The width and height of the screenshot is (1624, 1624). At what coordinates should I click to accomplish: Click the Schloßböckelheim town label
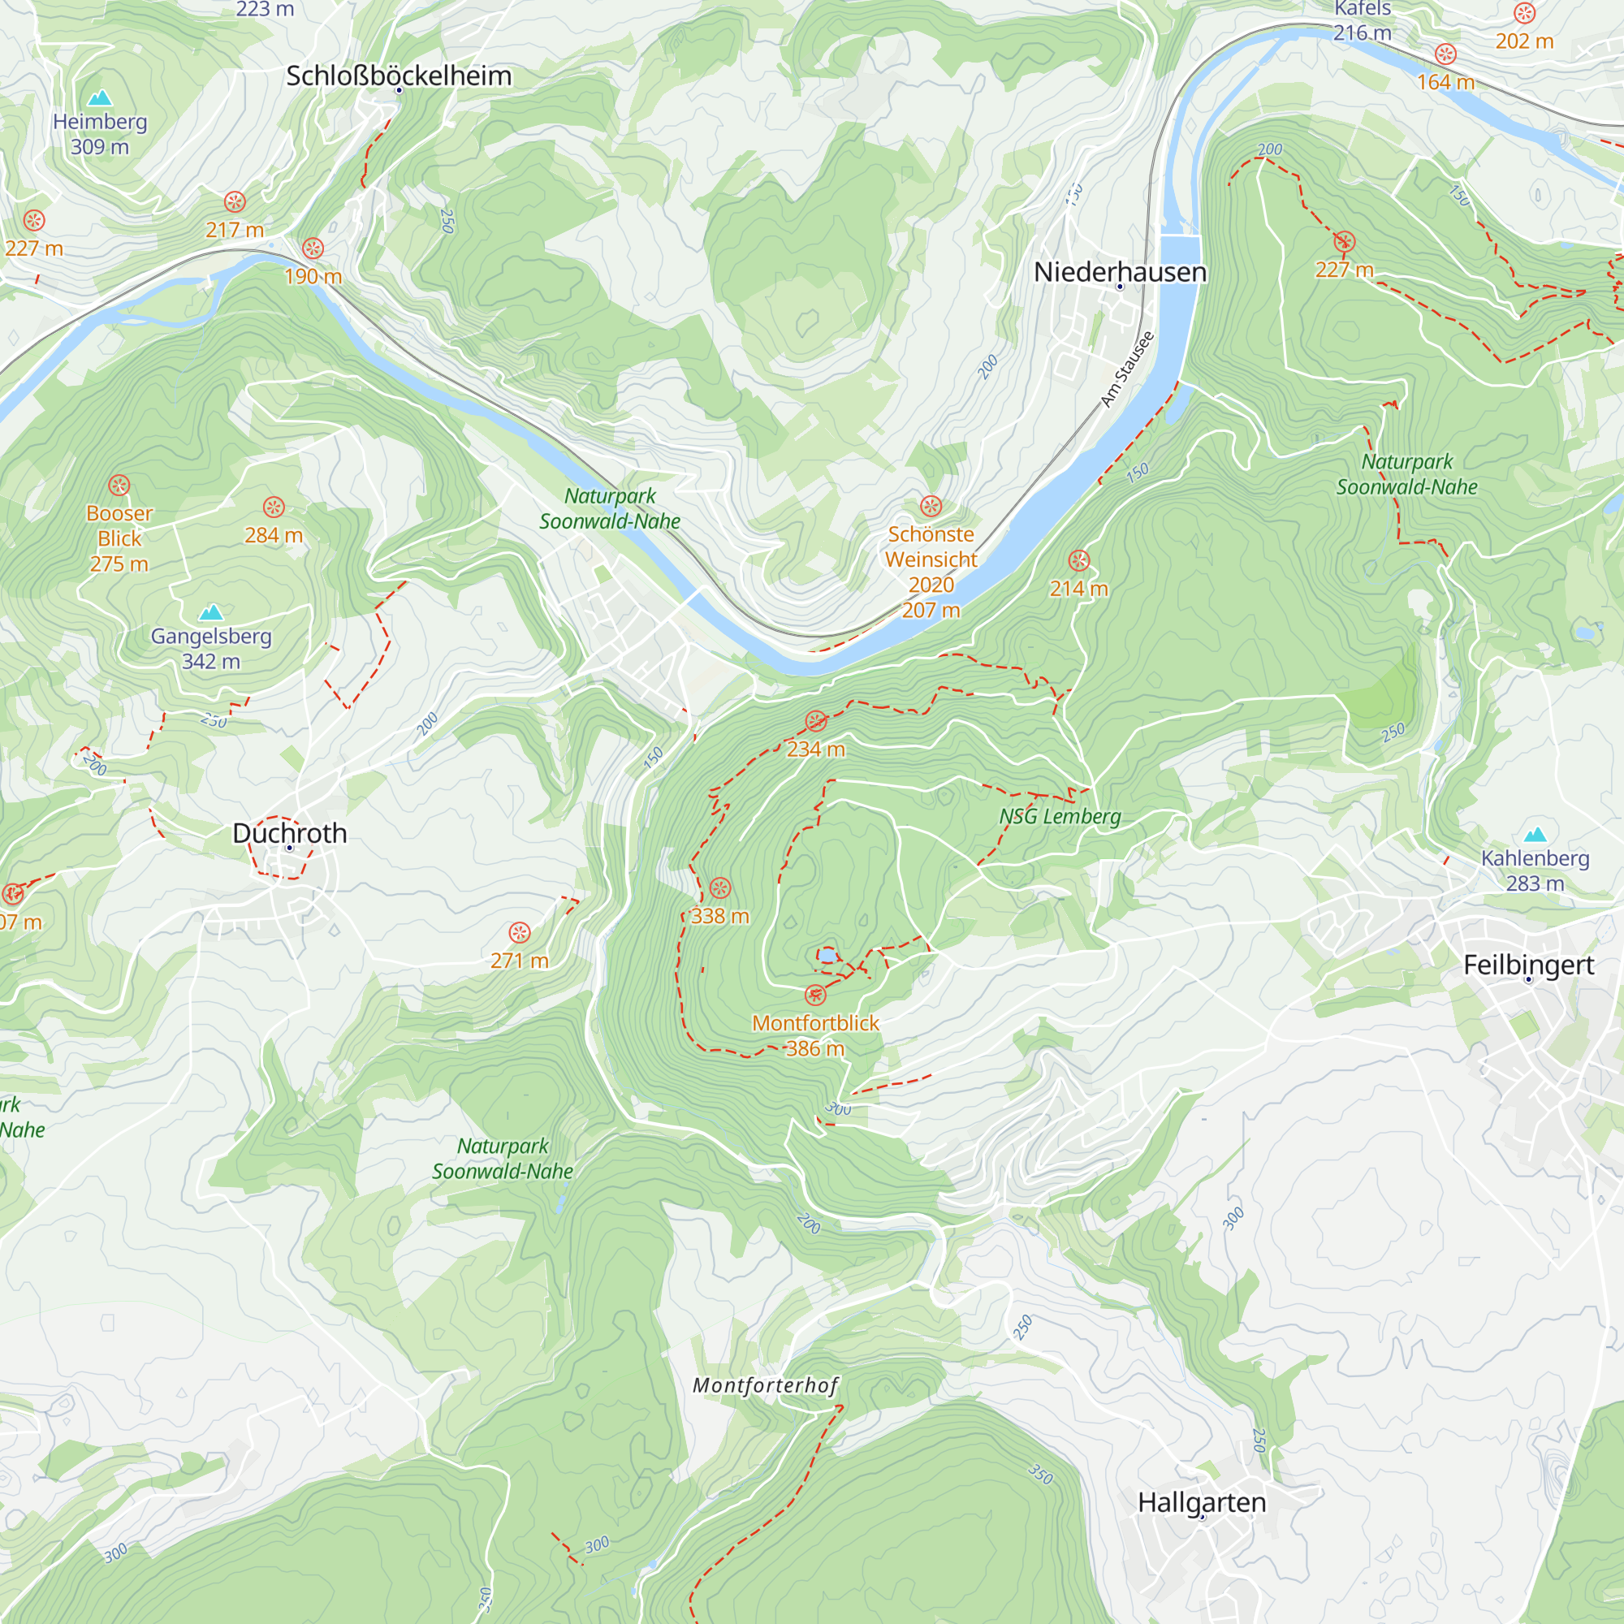[399, 76]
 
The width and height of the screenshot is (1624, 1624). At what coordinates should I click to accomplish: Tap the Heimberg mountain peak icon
[100, 98]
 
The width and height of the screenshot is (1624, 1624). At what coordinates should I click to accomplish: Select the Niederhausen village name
[1120, 271]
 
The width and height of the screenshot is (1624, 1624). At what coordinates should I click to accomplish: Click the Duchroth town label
[289, 833]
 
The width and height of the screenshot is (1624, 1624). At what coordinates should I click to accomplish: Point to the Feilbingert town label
[1528, 964]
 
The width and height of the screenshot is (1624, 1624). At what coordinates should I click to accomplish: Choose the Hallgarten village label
[1201, 1502]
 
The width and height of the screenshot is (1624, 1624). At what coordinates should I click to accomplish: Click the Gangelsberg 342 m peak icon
[211, 612]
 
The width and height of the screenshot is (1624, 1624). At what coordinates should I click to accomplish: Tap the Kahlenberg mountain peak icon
[1535, 835]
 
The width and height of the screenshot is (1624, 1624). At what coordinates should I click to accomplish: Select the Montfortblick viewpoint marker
[815, 996]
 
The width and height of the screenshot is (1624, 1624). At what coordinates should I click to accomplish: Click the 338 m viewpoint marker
[720, 888]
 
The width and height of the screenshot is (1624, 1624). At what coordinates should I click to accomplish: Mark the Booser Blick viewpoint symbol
[119, 485]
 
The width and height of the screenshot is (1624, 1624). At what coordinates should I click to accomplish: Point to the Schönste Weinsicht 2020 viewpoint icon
[931, 506]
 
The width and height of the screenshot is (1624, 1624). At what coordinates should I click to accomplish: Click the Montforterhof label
[765, 1385]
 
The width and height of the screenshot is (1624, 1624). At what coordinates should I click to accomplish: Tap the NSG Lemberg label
[1059, 816]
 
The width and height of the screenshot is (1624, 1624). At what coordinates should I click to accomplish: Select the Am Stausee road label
[1127, 369]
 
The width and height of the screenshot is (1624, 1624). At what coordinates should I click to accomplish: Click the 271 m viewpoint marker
[520, 932]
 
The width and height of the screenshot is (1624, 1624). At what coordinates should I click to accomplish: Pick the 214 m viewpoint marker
[1078, 560]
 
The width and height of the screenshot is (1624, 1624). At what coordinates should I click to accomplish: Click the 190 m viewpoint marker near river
[313, 248]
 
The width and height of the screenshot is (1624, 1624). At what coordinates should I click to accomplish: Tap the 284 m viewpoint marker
[274, 507]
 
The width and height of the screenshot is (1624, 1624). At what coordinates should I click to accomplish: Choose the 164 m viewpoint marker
[1445, 54]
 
